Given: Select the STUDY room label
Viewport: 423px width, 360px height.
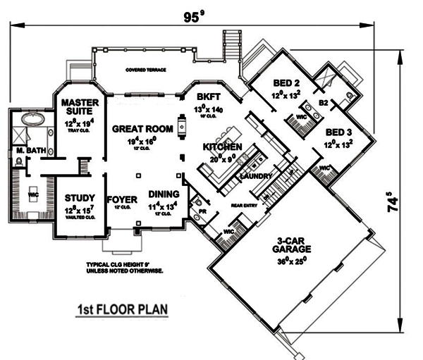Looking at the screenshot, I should coord(75,198).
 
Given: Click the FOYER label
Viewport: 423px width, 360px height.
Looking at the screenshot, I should coord(121,199).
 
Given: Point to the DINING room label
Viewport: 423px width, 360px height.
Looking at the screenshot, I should coord(164,195).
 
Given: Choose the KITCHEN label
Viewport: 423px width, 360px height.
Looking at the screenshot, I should coord(223,147).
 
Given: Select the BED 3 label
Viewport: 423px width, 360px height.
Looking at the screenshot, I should coord(339,132).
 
